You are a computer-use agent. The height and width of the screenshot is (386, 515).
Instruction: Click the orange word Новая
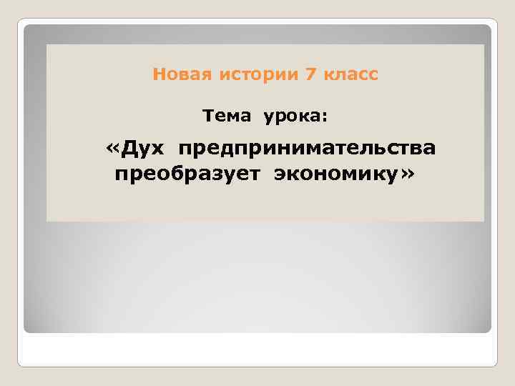coord(176,74)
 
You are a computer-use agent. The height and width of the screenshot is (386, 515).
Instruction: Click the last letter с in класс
coord(373,75)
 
